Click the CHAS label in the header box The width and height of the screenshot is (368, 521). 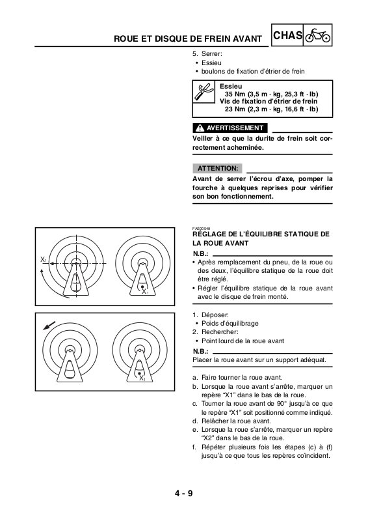(287, 35)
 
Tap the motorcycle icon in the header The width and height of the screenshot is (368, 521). (317, 35)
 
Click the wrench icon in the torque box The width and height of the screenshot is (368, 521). (203, 91)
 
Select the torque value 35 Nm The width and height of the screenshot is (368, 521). (235, 94)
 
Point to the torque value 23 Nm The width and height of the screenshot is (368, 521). (235, 109)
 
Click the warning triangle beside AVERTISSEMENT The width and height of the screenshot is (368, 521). (200, 128)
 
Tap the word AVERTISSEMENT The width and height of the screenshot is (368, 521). (235, 128)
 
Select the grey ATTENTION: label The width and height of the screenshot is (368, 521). (218, 169)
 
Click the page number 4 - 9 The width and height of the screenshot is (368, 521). (184, 494)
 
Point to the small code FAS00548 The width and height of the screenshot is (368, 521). (201, 229)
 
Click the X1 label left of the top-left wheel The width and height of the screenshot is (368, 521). (44, 259)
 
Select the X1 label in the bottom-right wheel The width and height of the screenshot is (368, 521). (142, 378)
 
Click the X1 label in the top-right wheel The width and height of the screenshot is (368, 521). (145, 292)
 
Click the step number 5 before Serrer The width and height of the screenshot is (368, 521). (195, 54)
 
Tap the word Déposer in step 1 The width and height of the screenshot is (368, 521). (215, 315)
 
